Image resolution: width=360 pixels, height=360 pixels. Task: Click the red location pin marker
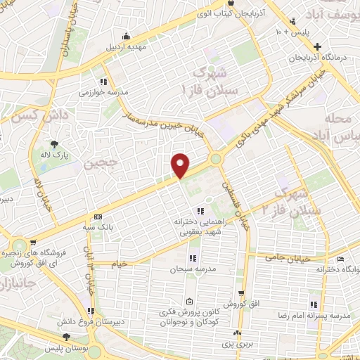181,165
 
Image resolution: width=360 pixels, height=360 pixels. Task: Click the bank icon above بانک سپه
97,217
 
